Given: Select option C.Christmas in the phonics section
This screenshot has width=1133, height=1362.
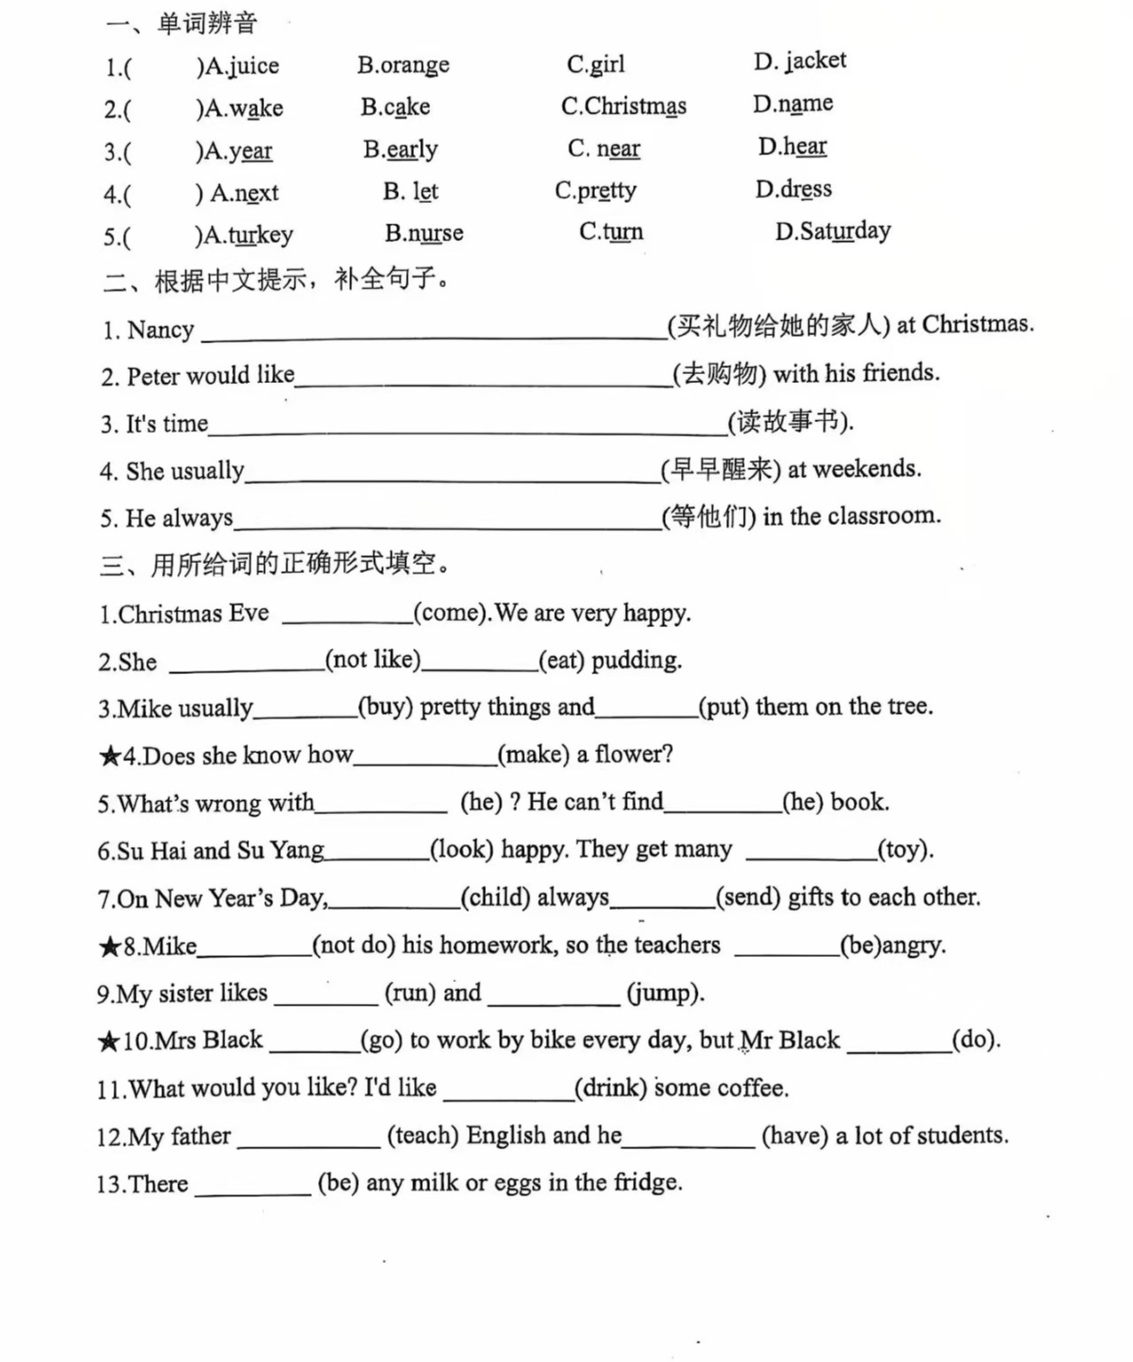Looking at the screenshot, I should (x=623, y=106).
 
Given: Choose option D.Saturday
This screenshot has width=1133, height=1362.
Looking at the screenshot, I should (x=832, y=231).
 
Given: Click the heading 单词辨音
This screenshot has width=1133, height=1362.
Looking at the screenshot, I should (x=207, y=23).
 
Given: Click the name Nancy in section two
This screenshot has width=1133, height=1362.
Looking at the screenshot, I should (x=160, y=330).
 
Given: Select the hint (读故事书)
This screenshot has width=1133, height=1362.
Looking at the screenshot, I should (x=790, y=421).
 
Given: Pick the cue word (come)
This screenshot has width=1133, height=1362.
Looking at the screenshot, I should (x=450, y=613).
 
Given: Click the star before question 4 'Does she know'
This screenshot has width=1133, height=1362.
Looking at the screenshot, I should (x=110, y=756).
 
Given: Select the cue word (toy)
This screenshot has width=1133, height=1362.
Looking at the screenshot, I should (x=904, y=849).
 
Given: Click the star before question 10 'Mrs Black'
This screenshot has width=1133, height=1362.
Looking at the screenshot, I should (x=109, y=1041).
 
